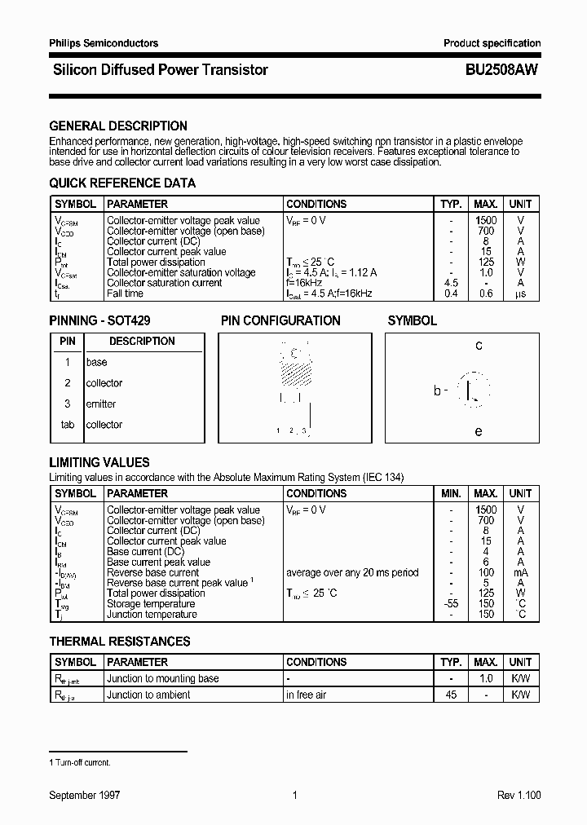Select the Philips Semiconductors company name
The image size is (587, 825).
tap(104, 43)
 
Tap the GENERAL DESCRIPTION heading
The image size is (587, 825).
tap(118, 126)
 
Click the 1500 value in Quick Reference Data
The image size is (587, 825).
tap(486, 220)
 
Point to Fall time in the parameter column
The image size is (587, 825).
tap(125, 293)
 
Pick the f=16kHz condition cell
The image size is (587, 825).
tap(304, 283)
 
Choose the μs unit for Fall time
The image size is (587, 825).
tap(520, 293)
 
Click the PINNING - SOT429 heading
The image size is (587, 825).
tap(100, 321)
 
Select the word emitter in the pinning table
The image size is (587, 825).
tap(101, 404)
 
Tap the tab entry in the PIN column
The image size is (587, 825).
tap(68, 425)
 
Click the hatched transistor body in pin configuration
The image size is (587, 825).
tap(296, 373)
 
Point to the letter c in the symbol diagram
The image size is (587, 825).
tap(479, 346)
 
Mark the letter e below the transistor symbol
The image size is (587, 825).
tap(479, 431)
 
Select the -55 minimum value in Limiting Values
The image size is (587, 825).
tap(451, 604)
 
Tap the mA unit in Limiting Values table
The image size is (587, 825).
tap(520, 572)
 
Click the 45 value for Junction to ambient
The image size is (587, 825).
tap(451, 695)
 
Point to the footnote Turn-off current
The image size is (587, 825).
tap(80, 762)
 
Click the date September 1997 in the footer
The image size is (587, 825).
tap(85, 795)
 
